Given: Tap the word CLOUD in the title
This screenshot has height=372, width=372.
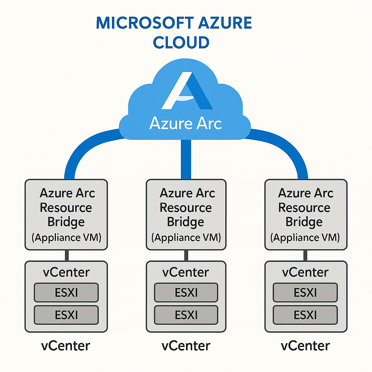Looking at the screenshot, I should (181, 42).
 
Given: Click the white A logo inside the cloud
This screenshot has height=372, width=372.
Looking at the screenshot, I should (186, 91).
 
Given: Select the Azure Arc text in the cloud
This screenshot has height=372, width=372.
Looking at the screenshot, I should (186, 124).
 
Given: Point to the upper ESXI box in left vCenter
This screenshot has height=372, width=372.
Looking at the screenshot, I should (66, 292).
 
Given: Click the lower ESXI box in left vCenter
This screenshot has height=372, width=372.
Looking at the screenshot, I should (66, 315).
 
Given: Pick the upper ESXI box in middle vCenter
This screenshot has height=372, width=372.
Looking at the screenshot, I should (186, 292).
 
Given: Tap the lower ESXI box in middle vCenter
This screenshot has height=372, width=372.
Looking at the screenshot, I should (186, 315).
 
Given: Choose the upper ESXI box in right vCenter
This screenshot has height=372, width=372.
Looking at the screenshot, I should (305, 292).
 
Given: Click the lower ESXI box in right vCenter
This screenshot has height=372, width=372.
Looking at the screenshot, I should (305, 315).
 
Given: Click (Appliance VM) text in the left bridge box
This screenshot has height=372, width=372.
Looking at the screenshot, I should (66, 238).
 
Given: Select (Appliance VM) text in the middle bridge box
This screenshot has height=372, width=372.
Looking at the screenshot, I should (186, 238).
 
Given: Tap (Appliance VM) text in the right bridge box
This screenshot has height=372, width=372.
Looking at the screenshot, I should (305, 238).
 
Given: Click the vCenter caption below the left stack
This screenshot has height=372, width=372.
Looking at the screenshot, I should (65, 345).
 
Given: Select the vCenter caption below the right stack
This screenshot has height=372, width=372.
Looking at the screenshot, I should (305, 345).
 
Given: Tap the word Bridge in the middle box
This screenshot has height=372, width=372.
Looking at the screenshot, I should (186, 222).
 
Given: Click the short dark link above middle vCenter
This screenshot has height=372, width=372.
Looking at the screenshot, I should (186, 255).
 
